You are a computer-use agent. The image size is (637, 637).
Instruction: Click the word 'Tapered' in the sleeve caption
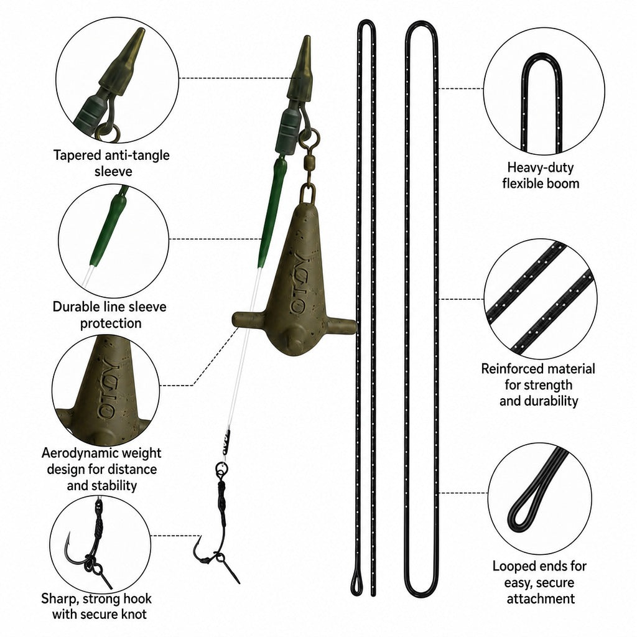tap(78, 155)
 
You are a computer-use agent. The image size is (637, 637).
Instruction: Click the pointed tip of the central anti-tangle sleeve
tap(307, 37)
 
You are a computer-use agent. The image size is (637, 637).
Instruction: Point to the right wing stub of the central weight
tap(341, 325)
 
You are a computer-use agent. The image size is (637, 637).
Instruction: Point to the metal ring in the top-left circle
tap(108, 133)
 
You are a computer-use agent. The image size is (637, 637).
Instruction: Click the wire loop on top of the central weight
tap(308, 193)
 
